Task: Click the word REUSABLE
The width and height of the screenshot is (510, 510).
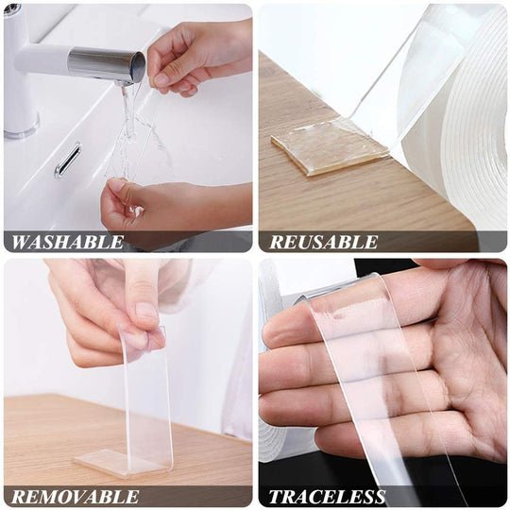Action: tap(323, 242)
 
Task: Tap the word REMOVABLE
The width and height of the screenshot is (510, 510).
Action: tap(75, 497)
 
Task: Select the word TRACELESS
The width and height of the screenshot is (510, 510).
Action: tap(327, 497)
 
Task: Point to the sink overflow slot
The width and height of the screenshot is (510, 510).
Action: tap(67, 160)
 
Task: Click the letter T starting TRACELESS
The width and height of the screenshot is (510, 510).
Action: tap(276, 497)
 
